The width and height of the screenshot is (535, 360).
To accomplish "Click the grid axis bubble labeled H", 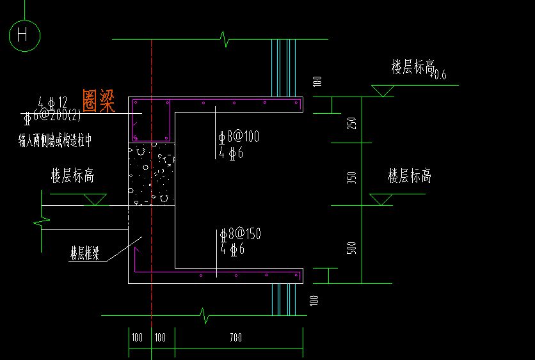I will pyautogui.click(x=24, y=35).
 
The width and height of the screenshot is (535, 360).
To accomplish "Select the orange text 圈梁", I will pyautogui.click(x=99, y=100).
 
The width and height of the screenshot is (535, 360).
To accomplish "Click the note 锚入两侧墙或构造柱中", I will pyautogui.click(x=55, y=138).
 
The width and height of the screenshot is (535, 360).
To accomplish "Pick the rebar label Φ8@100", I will pyautogui.click(x=239, y=137).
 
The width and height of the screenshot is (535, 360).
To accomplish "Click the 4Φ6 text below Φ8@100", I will pyautogui.click(x=231, y=153).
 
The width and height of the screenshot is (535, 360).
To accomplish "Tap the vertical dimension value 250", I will pyautogui.click(x=351, y=124).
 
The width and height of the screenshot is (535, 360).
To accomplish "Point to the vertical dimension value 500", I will pyautogui.click(x=351, y=248).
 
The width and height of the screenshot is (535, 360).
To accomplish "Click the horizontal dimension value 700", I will pyautogui.click(x=236, y=337).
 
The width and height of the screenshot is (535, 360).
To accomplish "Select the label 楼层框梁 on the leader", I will pyautogui.click(x=84, y=253).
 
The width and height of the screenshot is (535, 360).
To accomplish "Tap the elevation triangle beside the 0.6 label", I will pyautogui.click(x=383, y=90).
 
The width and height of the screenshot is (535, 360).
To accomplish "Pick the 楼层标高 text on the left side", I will pyautogui.click(x=72, y=176).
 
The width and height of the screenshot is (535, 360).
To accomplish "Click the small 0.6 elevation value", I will pyautogui.click(x=440, y=76).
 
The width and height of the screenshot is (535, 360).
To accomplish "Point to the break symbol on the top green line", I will pyautogui.click(x=225, y=39).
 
